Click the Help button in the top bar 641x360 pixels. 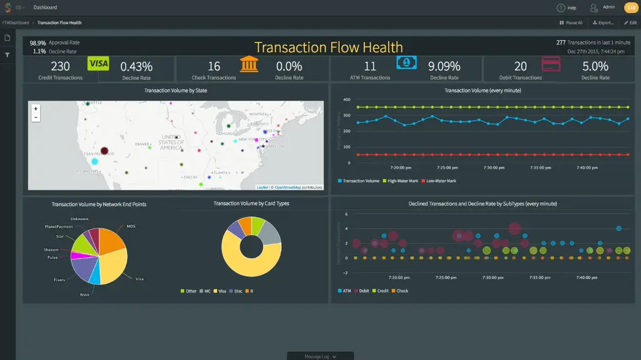pyautogui.click(x=567, y=8)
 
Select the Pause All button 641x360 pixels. pyautogui.click(x=571, y=23)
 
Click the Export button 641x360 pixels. pyautogui.click(x=603, y=23)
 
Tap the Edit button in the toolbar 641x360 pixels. pyautogui.click(x=630, y=23)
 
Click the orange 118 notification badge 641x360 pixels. pyautogui.click(x=630, y=8)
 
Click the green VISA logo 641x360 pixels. pyautogui.click(x=98, y=63)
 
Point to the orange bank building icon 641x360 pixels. pyautogui.click(x=249, y=64)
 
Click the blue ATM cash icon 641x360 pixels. pyautogui.click(x=406, y=63)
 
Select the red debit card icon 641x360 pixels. pyautogui.click(x=551, y=64)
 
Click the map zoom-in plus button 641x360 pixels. pyautogui.click(x=36, y=109)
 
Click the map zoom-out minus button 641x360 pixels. pyautogui.click(x=36, y=117)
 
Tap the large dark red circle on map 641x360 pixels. pyautogui.click(x=105, y=150)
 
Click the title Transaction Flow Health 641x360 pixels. pyautogui.click(x=329, y=48)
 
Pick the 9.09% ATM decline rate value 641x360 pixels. pyautogui.click(x=444, y=66)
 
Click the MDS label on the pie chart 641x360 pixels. pyautogui.click(x=131, y=226)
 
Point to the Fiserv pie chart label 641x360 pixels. pyautogui.click(x=59, y=279)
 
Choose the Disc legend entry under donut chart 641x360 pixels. pyautogui.click(x=238, y=291)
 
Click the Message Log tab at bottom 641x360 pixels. pyautogui.click(x=320, y=356)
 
